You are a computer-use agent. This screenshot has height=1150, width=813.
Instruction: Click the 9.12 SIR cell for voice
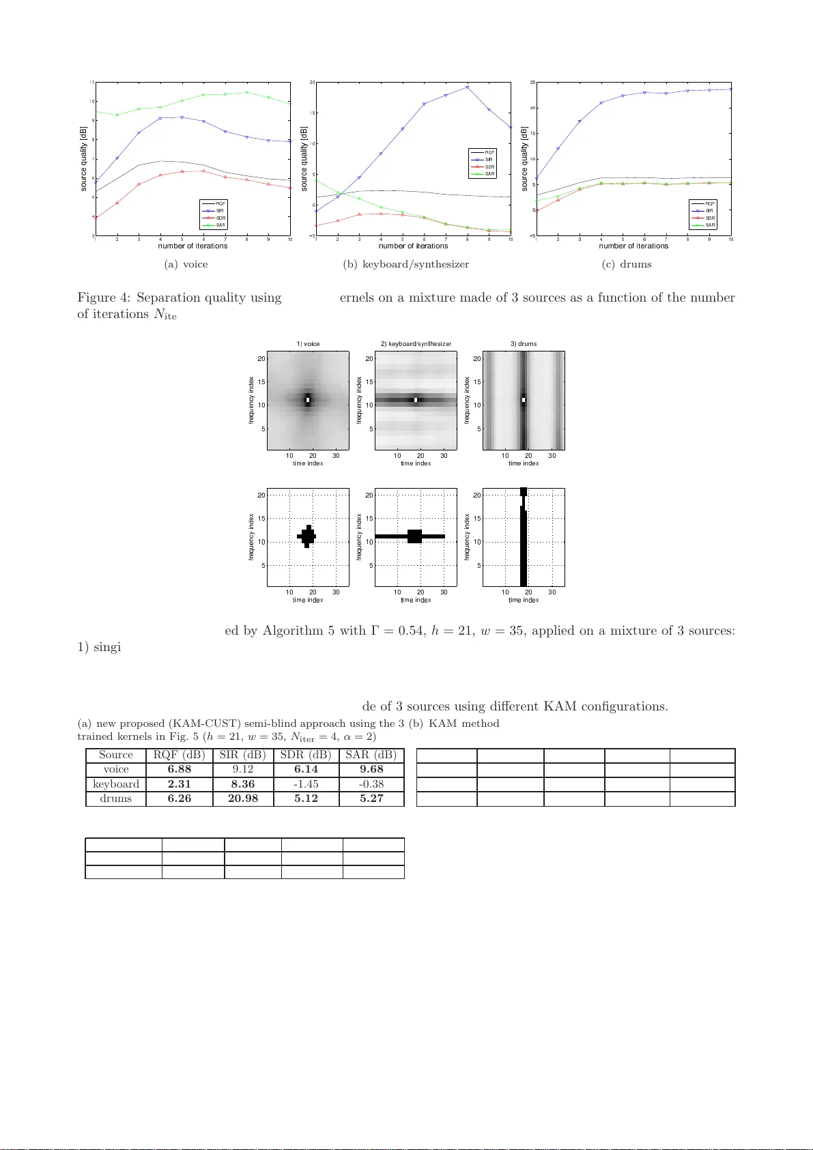(242, 769)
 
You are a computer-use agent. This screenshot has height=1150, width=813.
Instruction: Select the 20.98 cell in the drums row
(242, 799)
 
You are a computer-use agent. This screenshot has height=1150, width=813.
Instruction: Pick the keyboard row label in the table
(115, 784)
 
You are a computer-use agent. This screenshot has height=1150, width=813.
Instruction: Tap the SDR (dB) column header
(305, 755)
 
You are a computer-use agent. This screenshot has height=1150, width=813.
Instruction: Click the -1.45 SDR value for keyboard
(305, 784)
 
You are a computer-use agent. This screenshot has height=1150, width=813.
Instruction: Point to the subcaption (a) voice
(186, 264)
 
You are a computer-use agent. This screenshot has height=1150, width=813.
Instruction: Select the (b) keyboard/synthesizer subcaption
(405, 264)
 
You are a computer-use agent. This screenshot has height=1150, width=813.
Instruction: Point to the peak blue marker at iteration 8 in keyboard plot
(468, 87)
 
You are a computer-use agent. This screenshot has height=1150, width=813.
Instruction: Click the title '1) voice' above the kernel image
(308, 344)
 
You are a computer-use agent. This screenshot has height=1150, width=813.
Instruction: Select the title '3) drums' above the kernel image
(524, 344)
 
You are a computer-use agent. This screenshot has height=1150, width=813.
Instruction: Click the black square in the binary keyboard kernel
(414, 536)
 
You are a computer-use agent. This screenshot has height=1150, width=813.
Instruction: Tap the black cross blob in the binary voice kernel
(307, 536)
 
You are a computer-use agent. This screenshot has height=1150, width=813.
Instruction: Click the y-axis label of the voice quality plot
(84, 158)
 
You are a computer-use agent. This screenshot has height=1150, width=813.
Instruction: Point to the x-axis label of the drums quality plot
(633, 246)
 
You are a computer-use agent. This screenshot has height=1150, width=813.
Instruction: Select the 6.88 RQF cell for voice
(179, 769)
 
